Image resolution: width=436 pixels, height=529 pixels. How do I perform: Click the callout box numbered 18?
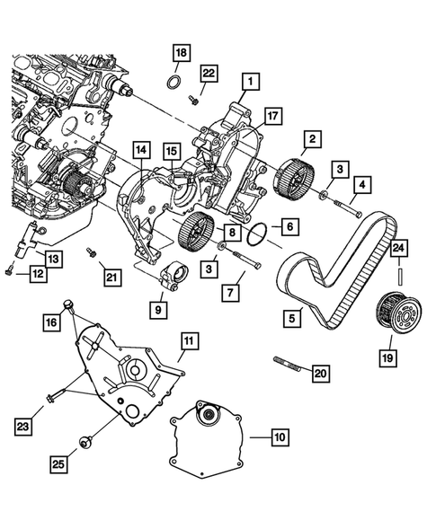180,54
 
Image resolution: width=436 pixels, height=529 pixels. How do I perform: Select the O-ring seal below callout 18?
176,84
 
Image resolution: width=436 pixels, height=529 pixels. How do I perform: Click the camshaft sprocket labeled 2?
296,172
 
